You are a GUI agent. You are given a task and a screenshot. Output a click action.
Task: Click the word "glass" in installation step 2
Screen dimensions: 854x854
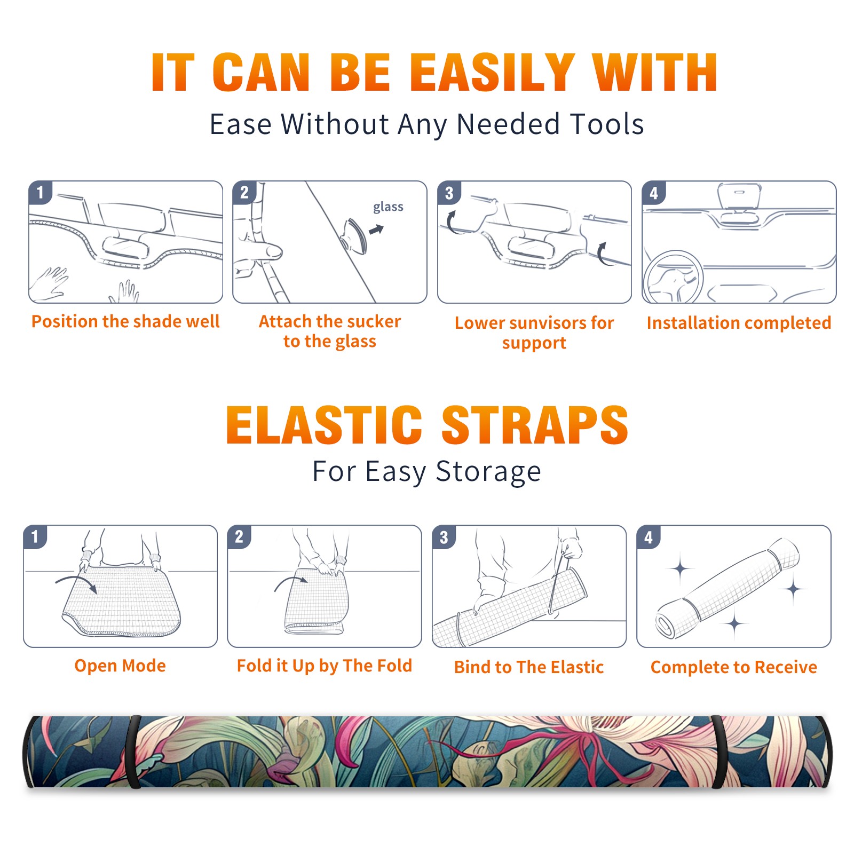click(x=388, y=207)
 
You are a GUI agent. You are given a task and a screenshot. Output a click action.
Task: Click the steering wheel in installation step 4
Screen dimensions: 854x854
click(x=673, y=277)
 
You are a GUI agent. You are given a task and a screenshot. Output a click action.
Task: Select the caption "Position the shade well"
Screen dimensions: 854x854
click(x=125, y=321)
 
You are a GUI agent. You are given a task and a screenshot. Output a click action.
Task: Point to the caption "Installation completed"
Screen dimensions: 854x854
click(x=739, y=323)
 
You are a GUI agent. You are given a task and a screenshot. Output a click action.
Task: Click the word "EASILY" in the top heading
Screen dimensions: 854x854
click(x=493, y=73)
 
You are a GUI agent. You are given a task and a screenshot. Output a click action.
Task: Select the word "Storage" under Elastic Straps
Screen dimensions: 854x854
click(x=488, y=472)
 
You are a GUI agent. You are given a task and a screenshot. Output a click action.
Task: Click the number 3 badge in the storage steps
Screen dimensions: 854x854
click(x=444, y=537)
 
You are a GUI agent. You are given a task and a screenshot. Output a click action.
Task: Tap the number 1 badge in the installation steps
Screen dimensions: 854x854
click(x=40, y=192)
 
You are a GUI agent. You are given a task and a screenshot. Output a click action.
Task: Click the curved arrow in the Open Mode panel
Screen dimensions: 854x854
click(x=76, y=582)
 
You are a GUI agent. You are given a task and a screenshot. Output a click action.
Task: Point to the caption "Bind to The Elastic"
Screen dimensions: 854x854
click(x=528, y=667)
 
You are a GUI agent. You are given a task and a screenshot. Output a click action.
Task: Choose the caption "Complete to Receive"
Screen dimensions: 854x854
click(x=734, y=667)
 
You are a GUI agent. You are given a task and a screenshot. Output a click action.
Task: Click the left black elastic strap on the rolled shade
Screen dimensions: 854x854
click(x=133, y=752)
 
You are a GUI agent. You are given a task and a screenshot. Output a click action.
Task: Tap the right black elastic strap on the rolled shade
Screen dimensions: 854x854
click(x=718, y=752)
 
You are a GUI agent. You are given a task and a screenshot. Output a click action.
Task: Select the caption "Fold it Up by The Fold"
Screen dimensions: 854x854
click(x=325, y=666)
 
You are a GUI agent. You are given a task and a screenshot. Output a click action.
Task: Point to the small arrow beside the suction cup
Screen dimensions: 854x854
click(x=376, y=230)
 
